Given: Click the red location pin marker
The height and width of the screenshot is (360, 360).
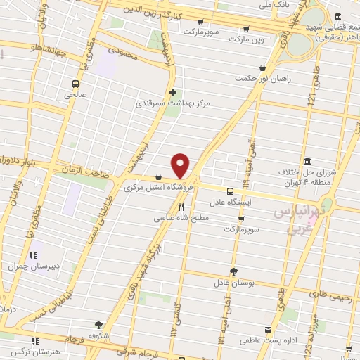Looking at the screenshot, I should [181, 165].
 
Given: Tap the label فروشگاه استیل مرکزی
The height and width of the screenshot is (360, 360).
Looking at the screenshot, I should [149, 188].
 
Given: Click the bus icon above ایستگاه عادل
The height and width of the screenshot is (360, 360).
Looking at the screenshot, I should [231, 191].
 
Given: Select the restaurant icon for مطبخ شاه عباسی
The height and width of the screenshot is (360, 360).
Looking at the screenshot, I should [181, 207].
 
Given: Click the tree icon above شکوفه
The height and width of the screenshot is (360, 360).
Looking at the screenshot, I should [98, 325].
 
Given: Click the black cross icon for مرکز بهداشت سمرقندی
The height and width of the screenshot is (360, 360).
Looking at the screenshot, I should [172, 92].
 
